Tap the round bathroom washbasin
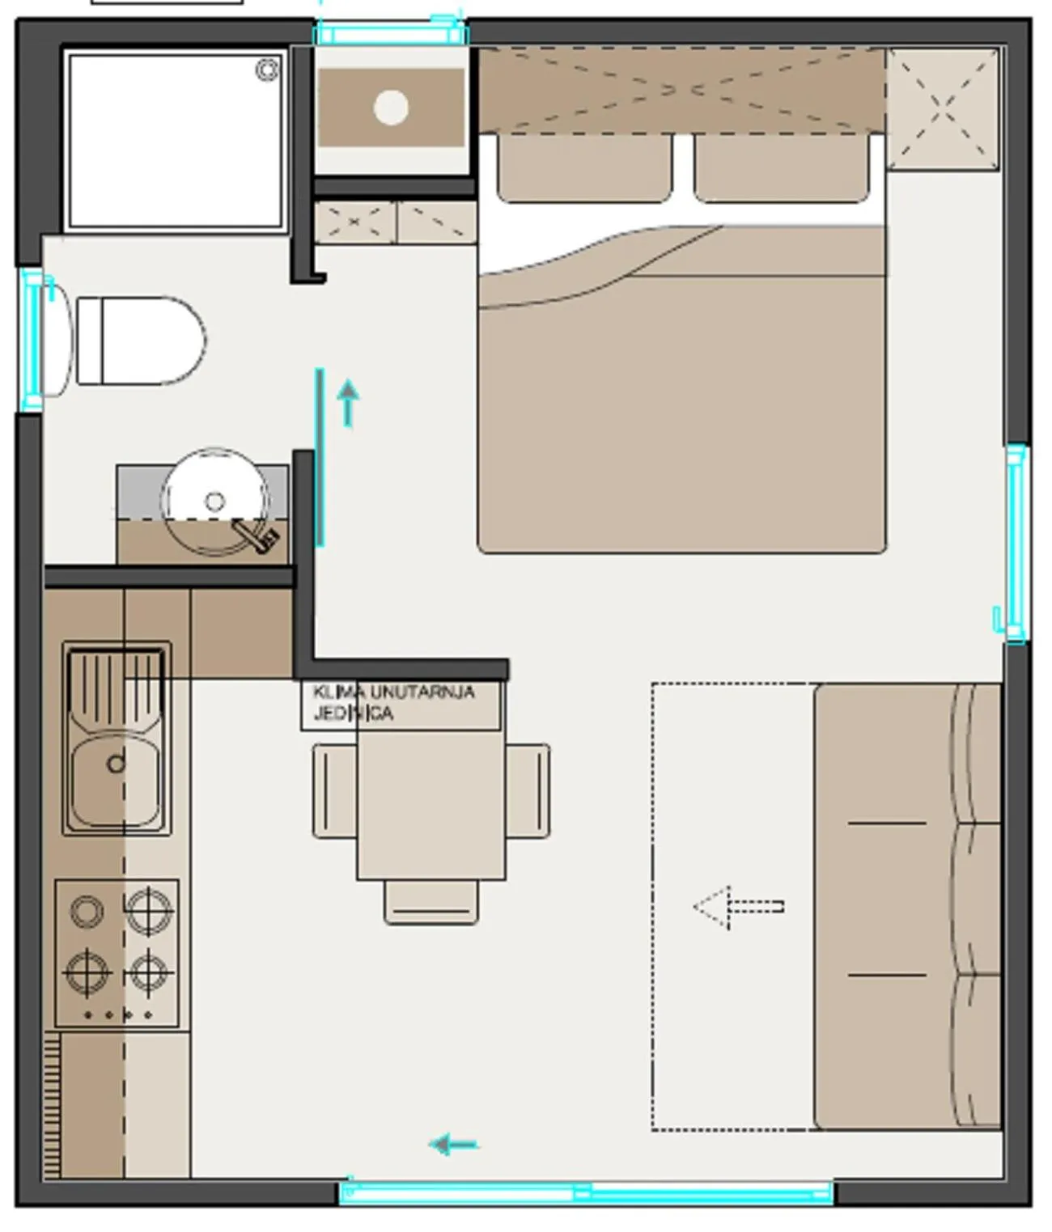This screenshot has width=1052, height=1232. pos(214,502)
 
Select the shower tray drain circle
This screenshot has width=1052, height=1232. pos(267,70)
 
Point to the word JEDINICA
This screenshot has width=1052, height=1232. pos(353,713)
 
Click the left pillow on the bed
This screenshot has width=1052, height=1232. pos(584,168)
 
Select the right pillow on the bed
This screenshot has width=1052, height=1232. pos(781,168)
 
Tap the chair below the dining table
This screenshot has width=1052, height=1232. pos(431,903)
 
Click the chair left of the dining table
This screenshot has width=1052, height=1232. pos(335,791)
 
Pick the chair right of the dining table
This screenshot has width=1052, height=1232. pos(528,791)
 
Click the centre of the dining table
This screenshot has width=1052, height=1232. pos(431,805)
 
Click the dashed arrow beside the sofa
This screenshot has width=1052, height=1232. pos(738,907)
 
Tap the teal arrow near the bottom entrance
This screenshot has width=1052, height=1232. pos(454,1145)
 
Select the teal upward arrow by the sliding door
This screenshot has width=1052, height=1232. pos(348,403)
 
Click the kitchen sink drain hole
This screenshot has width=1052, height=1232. pos(116,764)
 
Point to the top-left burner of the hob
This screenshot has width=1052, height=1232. pos(87,912)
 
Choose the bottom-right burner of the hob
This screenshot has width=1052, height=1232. pos(148,973)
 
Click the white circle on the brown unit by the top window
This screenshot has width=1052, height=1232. pos(391,108)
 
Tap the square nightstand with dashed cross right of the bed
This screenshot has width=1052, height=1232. pos(942,109)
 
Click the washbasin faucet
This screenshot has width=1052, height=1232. pos(257,536)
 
